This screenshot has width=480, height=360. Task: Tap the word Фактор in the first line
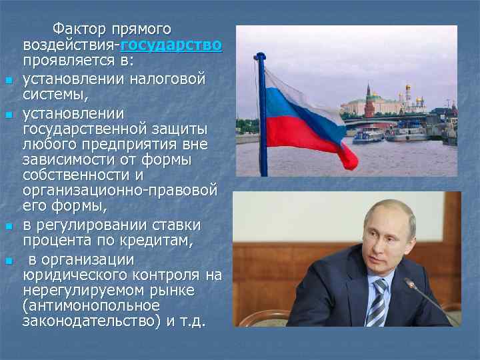[75, 30]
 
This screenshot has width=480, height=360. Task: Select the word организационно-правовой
[119, 191]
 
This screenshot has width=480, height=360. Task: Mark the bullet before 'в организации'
[9, 260]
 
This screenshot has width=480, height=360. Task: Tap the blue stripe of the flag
[293, 107]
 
